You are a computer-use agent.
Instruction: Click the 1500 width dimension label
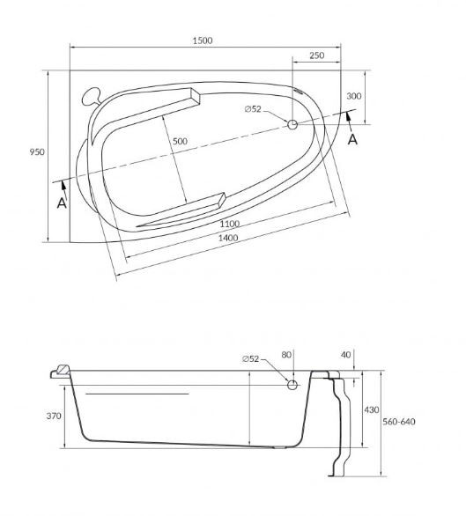(203, 41)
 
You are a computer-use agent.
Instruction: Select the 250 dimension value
(316, 55)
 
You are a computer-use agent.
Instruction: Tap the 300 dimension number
(354, 96)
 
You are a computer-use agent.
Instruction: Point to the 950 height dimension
(37, 152)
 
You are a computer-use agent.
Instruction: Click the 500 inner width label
(180, 141)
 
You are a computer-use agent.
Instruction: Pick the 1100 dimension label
(230, 224)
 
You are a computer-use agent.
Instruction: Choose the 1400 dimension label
(228, 238)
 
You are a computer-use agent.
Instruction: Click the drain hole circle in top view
(292, 125)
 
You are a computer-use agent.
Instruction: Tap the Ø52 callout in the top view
(253, 109)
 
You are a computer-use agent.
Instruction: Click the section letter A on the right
(352, 139)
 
